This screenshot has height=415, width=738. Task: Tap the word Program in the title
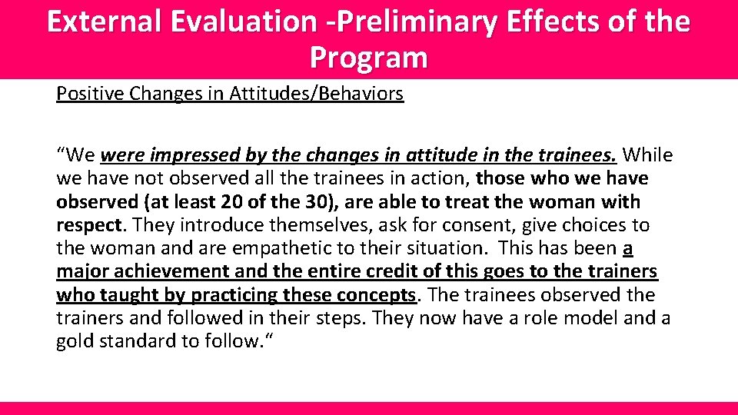[x=368, y=57]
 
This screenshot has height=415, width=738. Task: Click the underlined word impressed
[x=196, y=156]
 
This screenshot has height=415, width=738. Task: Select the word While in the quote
[x=647, y=156]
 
